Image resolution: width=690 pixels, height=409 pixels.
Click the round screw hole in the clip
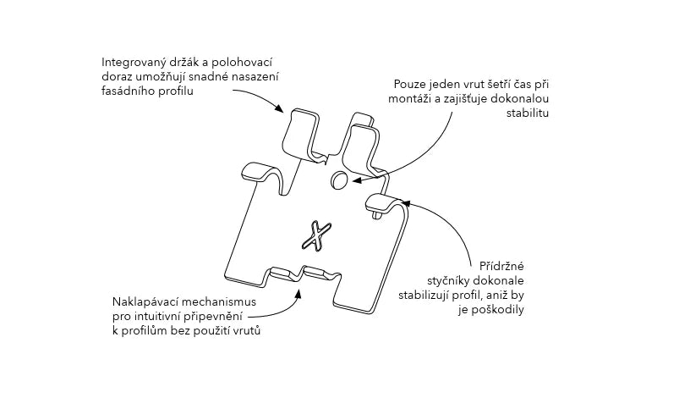337,180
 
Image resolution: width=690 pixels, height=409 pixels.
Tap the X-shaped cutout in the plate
315,237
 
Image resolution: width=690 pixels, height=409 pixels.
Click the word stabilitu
525,113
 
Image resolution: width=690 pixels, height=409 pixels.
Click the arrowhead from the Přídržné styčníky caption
403,203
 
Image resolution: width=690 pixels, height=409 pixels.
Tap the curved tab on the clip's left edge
257,172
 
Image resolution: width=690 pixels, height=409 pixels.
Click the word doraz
117,77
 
